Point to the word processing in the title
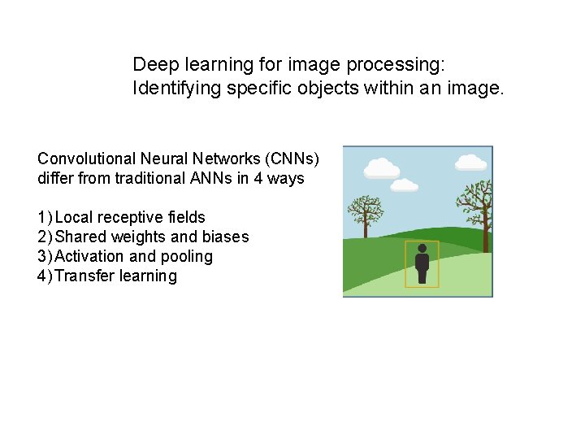coord(387,64)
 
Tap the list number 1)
coord(45,217)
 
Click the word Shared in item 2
coord(77,237)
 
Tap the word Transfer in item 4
coord(84,276)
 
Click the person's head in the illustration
coord(422,248)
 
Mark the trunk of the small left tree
coord(366,228)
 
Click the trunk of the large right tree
coord(485,232)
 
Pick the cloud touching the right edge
coord(472,163)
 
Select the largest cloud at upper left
coord(381,168)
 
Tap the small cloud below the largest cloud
coord(404,185)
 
